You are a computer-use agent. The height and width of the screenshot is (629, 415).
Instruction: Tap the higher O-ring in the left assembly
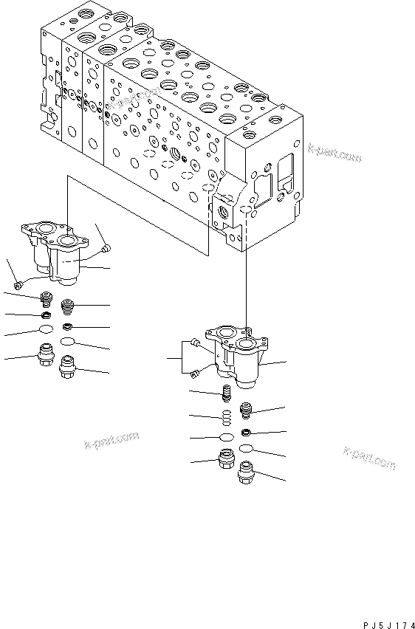[47, 330]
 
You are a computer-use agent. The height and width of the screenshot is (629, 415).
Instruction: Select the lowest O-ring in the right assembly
[247, 448]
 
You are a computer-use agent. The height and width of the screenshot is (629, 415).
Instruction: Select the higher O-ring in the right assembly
[227, 438]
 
